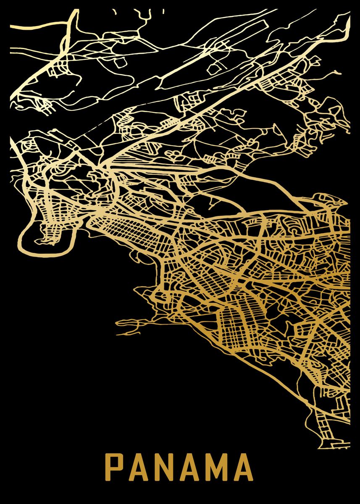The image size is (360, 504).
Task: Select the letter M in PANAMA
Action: click(x=214, y=466)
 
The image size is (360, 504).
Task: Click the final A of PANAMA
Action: click(x=243, y=466)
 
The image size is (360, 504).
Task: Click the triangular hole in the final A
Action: click(x=243, y=464)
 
